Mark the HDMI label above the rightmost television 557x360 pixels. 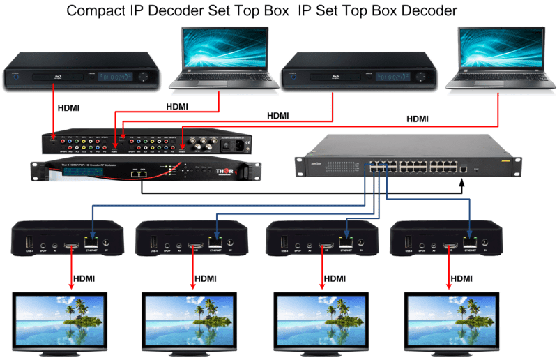click(x=461, y=278)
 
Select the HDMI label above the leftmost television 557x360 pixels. click(x=76, y=278)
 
